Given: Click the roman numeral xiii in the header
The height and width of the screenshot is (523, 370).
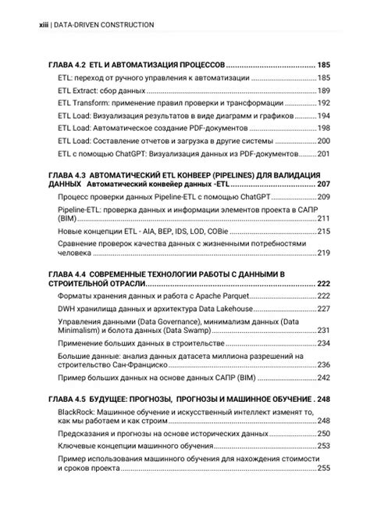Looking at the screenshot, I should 44,25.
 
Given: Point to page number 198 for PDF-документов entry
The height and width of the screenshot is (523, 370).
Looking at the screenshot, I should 323,128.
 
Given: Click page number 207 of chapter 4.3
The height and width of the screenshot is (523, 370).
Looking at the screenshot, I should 323,184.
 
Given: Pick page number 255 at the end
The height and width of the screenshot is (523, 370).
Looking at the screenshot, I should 323,468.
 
